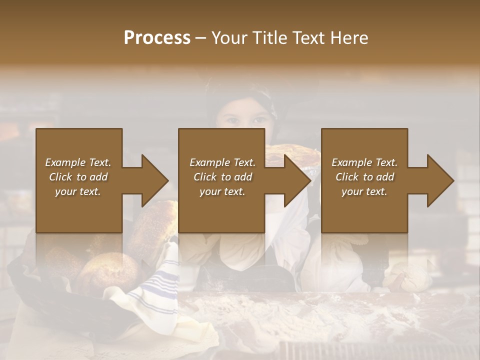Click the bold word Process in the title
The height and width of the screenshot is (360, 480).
157,38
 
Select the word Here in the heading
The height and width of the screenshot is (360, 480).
348,38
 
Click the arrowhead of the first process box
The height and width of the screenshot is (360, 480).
154,180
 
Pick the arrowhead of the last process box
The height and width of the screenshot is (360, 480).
440,180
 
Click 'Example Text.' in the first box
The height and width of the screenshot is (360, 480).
78,162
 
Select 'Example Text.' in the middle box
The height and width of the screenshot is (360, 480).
222,162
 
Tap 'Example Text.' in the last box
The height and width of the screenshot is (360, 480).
364,162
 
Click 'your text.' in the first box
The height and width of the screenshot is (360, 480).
78,191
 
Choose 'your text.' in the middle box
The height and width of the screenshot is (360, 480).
222,191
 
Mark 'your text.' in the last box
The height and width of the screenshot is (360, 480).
364,191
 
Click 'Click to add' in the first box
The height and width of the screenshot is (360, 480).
78,177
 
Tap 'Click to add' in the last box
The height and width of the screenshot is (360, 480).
364,177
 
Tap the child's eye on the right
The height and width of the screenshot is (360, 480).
260,120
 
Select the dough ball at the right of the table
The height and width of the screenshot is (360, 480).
410,277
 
